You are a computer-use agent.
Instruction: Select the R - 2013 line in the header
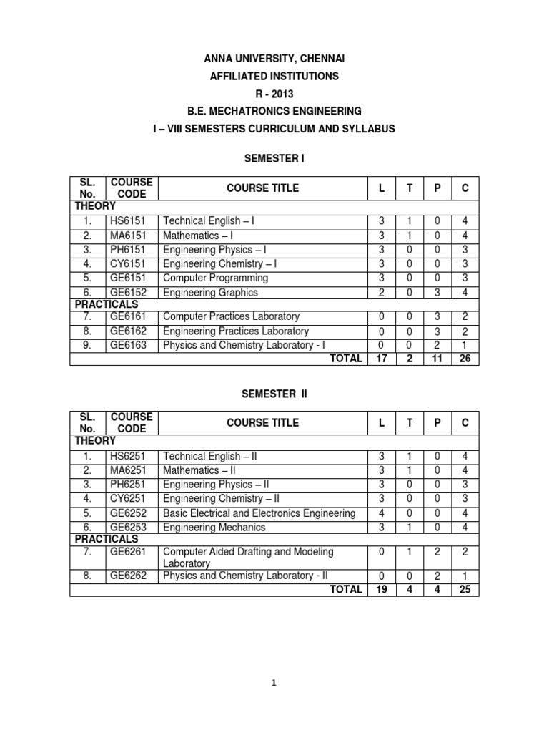274,93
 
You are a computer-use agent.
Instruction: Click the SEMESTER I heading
274,157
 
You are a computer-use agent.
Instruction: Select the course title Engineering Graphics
210,292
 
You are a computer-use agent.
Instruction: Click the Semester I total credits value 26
465,359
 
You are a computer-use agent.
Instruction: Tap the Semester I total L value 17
382,359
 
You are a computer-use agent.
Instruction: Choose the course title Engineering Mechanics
214,527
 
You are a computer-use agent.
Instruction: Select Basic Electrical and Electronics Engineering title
259,513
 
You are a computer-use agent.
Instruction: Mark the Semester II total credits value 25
465,590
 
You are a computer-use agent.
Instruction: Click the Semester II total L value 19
382,590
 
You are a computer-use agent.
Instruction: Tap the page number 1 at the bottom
274,683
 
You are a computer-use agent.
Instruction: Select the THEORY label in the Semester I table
96,206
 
